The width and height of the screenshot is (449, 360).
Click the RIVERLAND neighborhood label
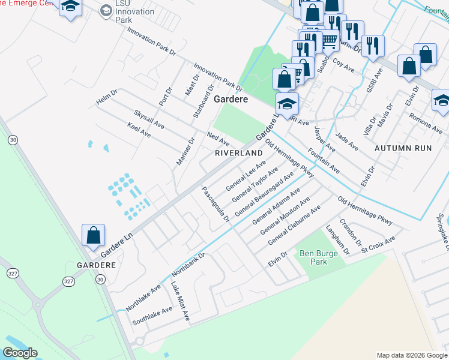(x=240, y=154)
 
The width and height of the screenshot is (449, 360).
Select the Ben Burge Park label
(x=314, y=258)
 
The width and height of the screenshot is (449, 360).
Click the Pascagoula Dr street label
(x=215, y=203)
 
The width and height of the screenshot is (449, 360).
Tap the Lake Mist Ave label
(x=180, y=301)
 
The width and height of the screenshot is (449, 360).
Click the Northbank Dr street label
(x=188, y=264)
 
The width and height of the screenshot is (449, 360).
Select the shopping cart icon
(x=329, y=41)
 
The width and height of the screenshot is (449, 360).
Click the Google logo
(x=20, y=353)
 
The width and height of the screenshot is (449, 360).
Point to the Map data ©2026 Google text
(x=411, y=355)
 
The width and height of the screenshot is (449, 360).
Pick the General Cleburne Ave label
(x=295, y=224)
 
